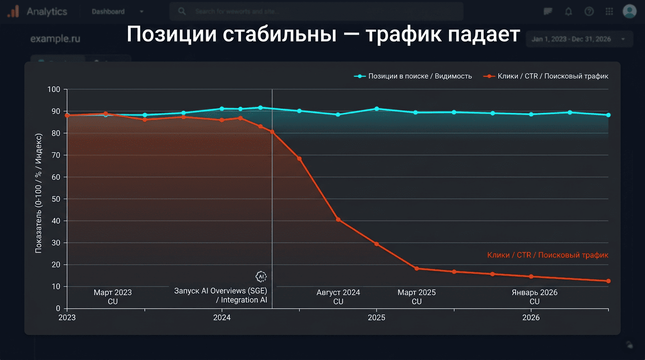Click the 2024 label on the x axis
(222, 318)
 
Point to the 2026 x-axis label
(531, 318)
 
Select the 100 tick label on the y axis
(54, 90)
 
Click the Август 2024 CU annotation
(338, 297)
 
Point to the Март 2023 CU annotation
(112, 297)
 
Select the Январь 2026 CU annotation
(534, 297)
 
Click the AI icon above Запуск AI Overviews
(261, 276)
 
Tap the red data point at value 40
(338, 220)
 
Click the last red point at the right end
(608, 281)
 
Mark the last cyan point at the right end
(608, 115)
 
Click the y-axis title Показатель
(39, 192)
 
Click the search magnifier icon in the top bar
(182, 11)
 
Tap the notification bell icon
(569, 12)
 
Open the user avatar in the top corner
(629, 11)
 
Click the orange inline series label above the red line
(547, 255)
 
